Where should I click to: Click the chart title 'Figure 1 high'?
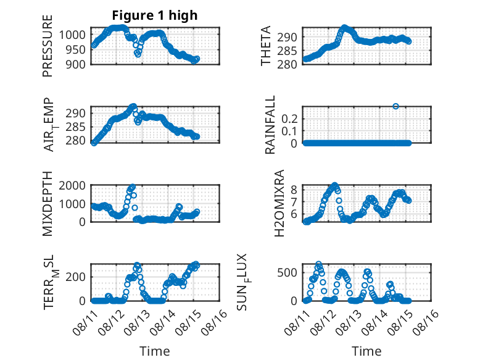[x=155, y=15]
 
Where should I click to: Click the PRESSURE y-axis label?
[x=48, y=46]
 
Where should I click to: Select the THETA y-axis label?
[x=266, y=46]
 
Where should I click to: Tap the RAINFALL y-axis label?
[x=270, y=125]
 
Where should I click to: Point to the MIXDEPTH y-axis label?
[x=48, y=204]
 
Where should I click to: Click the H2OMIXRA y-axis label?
[x=279, y=203]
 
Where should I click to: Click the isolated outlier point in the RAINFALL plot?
[x=395, y=106]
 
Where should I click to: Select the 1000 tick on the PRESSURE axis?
[x=72, y=35]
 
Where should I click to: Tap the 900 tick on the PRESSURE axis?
[x=76, y=64]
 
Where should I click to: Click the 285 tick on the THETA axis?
[x=287, y=51]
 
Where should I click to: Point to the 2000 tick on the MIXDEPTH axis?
[x=72, y=186]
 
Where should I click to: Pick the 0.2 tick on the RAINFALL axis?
[x=289, y=119]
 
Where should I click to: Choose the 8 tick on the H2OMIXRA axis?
[x=294, y=190]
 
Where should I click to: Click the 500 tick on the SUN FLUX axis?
[x=287, y=272]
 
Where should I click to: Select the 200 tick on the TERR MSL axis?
[x=76, y=277]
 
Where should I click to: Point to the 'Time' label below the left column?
[x=155, y=351]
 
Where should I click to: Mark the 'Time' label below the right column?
[x=366, y=351]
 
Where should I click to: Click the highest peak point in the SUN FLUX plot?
[x=319, y=264]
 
